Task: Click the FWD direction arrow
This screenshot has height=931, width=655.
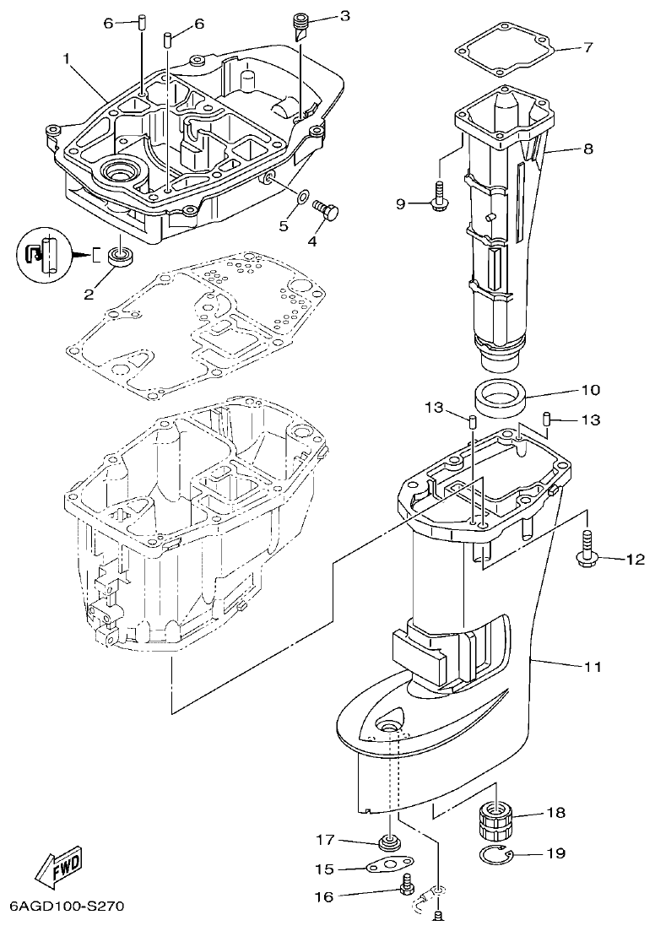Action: point(58,865)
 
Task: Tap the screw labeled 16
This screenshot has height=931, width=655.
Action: point(409,885)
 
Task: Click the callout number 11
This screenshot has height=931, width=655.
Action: point(593,667)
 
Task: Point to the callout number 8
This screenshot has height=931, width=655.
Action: point(587,149)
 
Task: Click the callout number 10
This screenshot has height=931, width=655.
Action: point(590,390)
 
